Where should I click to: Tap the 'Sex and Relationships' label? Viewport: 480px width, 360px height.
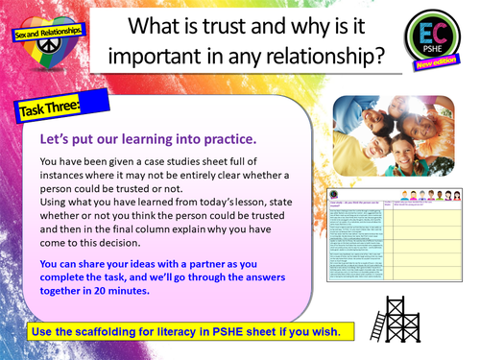pyautogui.click(x=47, y=32)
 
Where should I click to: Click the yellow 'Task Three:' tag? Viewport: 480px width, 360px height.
pyautogui.click(x=52, y=108)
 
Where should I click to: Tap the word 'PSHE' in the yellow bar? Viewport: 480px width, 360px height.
pyautogui.click(x=265, y=332)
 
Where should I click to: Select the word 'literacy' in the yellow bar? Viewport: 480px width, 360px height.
pyautogui.click(x=222, y=332)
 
